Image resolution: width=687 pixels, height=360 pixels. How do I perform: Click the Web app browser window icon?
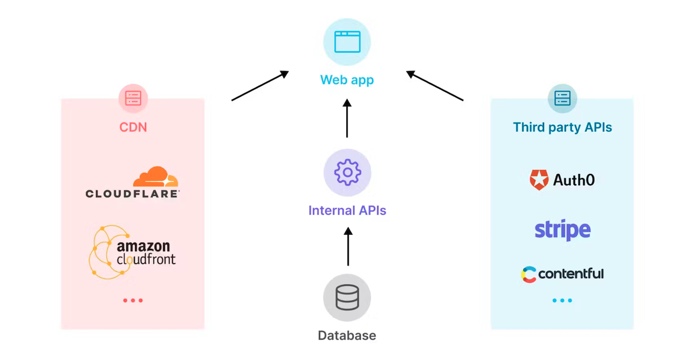click(x=347, y=42)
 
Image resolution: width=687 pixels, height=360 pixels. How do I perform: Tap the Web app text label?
click(x=347, y=80)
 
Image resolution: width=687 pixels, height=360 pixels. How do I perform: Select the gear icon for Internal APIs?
click(x=347, y=172)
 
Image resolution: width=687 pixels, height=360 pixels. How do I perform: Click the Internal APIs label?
click(x=347, y=211)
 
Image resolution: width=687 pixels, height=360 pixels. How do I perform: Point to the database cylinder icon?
click(x=347, y=298)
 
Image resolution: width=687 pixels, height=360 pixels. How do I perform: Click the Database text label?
click(x=347, y=335)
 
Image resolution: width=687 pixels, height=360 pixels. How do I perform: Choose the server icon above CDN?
click(x=133, y=98)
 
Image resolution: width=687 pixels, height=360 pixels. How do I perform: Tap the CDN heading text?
click(x=133, y=127)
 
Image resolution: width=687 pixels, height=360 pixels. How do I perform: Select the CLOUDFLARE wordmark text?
click(x=133, y=194)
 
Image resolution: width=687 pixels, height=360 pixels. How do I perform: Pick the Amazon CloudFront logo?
click(x=132, y=252)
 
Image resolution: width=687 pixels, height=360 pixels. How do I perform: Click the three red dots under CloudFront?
click(x=133, y=300)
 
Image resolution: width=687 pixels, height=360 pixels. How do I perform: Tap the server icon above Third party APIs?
click(x=562, y=98)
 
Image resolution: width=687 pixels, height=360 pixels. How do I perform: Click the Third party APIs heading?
click(x=562, y=127)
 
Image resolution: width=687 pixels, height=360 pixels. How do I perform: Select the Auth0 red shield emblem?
click(x=539, y=180)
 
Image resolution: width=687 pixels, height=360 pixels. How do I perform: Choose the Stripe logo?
click(x=562, y=230)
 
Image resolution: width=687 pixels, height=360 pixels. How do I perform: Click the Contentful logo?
click(x=562, y=274)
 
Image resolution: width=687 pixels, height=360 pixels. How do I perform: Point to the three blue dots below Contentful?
click(x=562, y=300)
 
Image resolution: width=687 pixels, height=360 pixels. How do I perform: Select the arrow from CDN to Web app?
click(x=260, y=86)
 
